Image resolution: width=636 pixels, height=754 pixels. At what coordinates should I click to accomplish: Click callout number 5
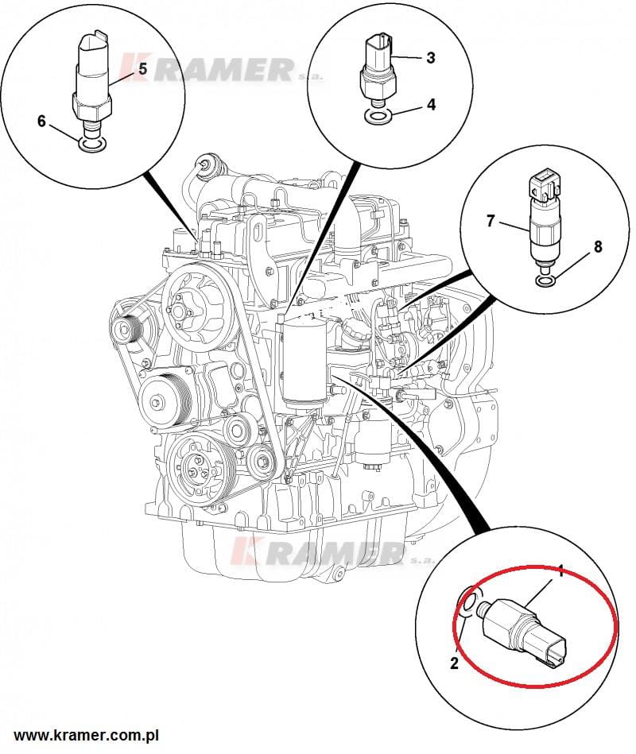click(x=143, y=69)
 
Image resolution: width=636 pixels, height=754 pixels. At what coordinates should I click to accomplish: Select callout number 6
click(x=42, y=121)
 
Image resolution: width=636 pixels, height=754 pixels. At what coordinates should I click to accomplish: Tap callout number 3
click(x=430, y=57)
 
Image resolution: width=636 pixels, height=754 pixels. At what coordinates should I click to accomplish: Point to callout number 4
click(x=431, y=104)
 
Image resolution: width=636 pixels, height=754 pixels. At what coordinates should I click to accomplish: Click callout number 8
click(x=597, y=248)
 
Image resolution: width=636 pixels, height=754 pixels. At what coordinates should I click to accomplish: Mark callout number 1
click(x=560, y=570)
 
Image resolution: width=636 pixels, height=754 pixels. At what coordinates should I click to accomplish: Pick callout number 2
click(x=455, y=664)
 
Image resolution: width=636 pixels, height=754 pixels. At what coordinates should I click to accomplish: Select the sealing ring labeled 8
click(x=545, y=279)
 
